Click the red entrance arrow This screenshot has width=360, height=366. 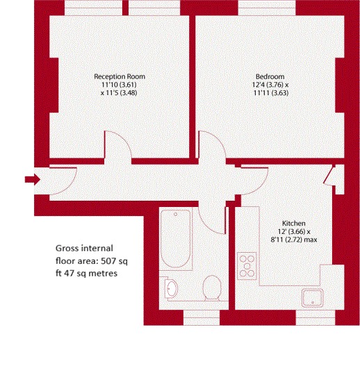pyautogui.click(x=32, y=180)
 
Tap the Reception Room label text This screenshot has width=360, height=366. pyautogui.click(x=120, y=76)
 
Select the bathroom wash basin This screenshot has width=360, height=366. pyautogui.click(x=170, y=288)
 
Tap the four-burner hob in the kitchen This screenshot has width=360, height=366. pyautogui.click(x=247, y=263)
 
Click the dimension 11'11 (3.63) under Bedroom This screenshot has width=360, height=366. pyautogui.click(x=270, y=92)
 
